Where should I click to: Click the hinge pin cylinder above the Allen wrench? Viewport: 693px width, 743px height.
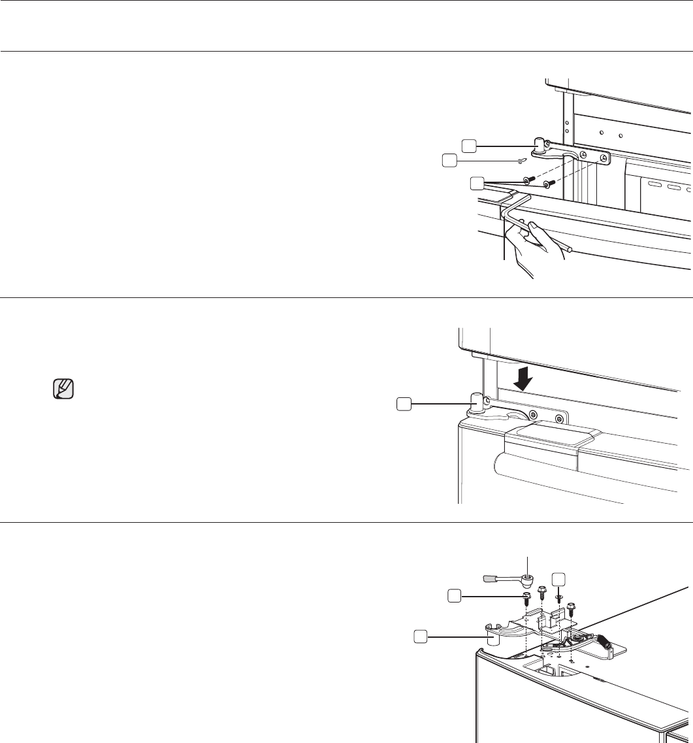[541, 144]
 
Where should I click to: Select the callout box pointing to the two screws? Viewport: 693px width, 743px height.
[477, 184]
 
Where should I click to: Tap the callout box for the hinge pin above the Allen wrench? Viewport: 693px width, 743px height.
[469, 144]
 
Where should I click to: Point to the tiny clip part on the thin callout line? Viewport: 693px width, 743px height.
[521, 159]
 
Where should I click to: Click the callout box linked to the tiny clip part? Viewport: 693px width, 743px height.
[449, 159]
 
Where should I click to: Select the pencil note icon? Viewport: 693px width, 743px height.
[63, 390]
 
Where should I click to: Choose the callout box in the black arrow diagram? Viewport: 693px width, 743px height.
[404, 405]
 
